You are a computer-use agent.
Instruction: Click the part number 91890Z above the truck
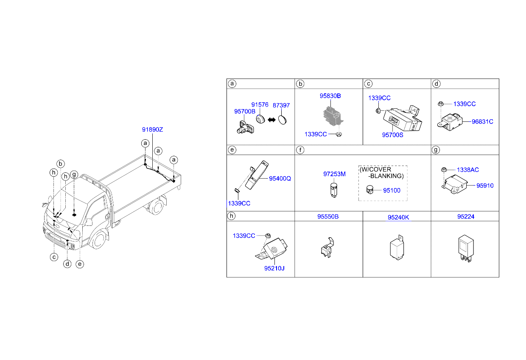(152, 130)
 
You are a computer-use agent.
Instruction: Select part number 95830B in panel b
(330, 96)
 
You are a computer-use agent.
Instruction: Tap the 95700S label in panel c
(393, 135)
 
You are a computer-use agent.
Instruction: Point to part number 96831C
(482, 122)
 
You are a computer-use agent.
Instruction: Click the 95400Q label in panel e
(280, 179)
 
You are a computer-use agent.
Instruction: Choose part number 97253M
(334, 174)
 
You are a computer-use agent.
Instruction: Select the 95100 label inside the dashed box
(392, 190)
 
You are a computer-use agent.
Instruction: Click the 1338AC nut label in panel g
(468, 170)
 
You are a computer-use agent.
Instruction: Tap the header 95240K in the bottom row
(398, 217)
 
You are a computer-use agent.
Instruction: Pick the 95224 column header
(466, 217)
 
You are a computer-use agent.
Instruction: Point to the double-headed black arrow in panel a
(271, 120)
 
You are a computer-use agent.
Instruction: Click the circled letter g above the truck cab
(74, 174)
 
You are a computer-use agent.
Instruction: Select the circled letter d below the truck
(67, 264)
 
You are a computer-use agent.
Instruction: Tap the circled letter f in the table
(300, 150)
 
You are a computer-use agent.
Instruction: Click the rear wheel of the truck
(156, 207)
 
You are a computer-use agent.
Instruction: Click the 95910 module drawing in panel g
(455, 185)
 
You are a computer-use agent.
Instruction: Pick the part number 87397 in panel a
(281, 105)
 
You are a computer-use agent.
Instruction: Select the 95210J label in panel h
(274, 268)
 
